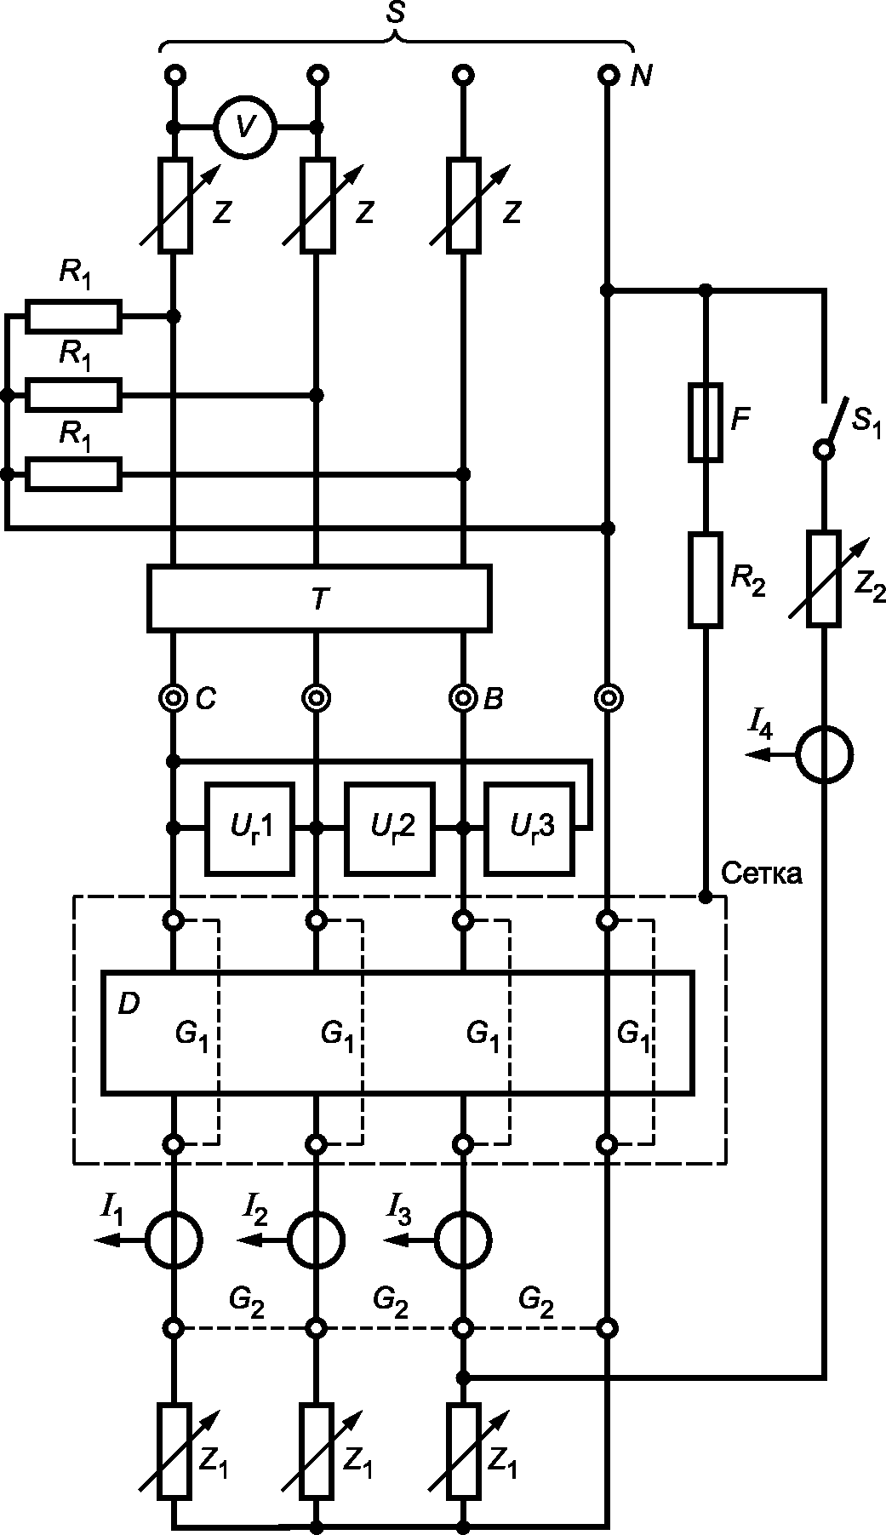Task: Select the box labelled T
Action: point(319,598)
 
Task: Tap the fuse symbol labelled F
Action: point(705,422)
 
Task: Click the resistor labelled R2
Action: point(705,580)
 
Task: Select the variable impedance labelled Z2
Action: point(825,579)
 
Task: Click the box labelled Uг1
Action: point(249,828)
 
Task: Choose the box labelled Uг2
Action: point(389,828)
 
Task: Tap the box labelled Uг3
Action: point(529,828)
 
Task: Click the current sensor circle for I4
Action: point(824,754)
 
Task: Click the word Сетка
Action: point(761,873)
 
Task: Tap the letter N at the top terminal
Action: point(641,77)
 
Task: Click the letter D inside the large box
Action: point(129,1005)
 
